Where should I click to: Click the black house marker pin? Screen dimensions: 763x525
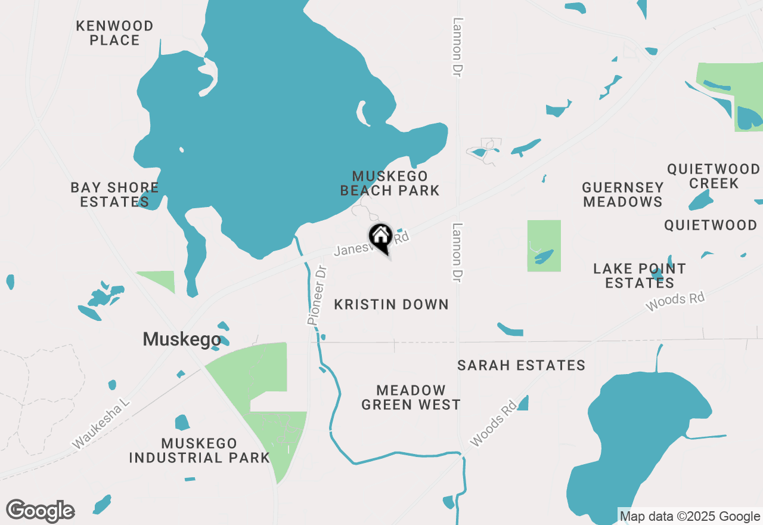coord(380,237)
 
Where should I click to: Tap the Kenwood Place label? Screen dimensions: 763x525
coord(115,33)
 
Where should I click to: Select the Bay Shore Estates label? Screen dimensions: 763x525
coord(114,194)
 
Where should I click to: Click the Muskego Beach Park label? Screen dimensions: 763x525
coord(390,183)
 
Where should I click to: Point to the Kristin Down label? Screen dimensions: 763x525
coord(391,304)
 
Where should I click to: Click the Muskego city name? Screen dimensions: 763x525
coord(182,339)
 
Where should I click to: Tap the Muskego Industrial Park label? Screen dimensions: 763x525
coord(199,450)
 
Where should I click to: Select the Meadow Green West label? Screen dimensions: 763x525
coord(411,397)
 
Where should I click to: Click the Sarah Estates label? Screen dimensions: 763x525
coord(522,365)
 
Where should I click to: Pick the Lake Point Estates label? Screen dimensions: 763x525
coord(640,276)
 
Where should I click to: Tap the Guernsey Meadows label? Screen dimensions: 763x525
coord(623,194)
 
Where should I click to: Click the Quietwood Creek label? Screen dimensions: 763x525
coord(714,176)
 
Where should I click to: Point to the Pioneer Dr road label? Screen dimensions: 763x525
coord(318,295)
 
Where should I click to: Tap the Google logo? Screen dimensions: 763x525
coord(41,511)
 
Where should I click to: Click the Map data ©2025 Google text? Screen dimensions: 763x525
coord(690,517)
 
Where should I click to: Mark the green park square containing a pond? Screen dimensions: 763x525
coord(544,246)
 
